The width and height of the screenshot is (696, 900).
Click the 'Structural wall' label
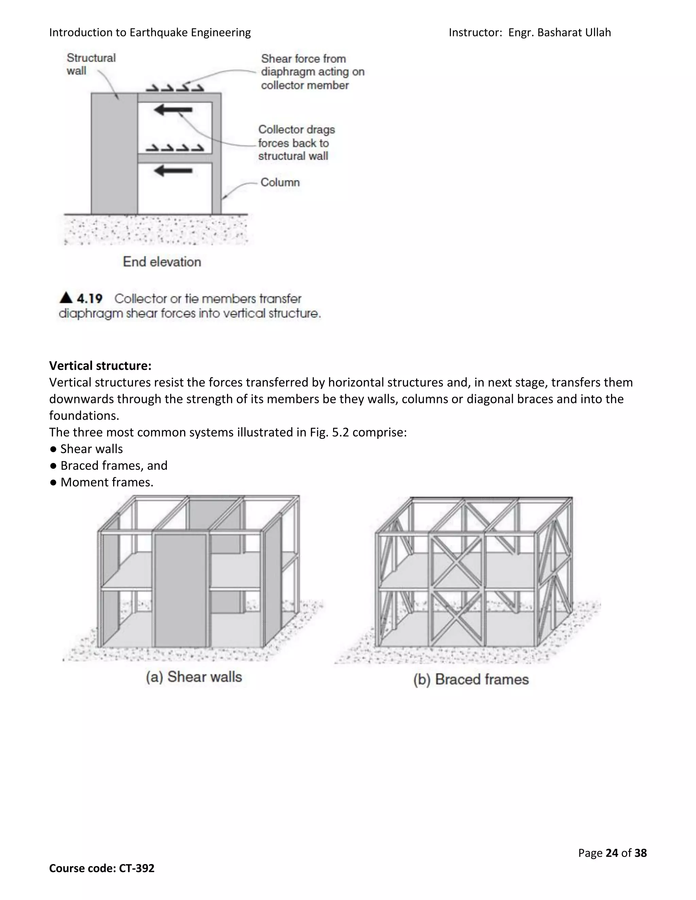click(91, 64)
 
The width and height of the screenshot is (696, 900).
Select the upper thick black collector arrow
click(173, 110)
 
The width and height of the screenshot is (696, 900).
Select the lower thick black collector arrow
click(173, 170)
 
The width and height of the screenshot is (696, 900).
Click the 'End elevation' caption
click(162, 262)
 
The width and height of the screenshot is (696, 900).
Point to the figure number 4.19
click(89, 298)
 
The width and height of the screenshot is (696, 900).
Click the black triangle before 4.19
click(66, 298)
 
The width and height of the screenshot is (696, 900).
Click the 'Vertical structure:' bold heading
click(100, 365)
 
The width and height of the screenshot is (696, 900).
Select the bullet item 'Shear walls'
click(91, 449)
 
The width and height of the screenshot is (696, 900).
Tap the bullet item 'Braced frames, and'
click(114, 465)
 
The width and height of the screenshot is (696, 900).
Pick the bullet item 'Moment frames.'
click(106, 482)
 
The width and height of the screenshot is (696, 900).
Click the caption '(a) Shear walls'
click(194, 677)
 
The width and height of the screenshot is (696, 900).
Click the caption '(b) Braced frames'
click(471, 680)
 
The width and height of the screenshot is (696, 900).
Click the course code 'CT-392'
click(137, 868)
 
